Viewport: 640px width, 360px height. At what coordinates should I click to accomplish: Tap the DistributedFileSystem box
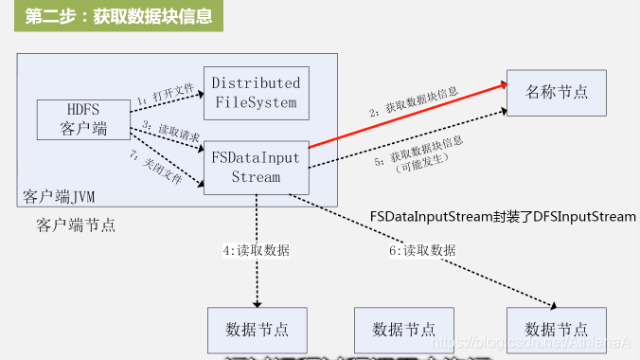point(256,92)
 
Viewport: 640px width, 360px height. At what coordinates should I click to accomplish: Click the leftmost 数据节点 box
point(258,329)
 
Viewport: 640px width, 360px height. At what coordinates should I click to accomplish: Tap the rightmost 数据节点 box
point(555,329)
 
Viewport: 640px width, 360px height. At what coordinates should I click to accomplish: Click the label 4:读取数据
point(256,251)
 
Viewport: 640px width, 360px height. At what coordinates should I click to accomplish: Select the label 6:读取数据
point(422,251)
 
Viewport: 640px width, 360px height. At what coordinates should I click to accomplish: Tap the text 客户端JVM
point(59,196)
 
